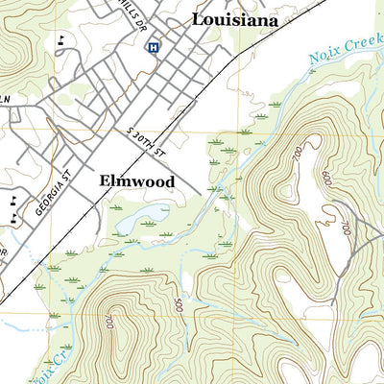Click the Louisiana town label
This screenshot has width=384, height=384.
coord(235,19)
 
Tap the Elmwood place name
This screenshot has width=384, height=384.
coord(135,180)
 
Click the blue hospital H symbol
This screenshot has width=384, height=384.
coord(152,45)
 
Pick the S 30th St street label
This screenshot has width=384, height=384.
coord(147,136)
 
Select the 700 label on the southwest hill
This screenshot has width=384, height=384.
coord(109,320)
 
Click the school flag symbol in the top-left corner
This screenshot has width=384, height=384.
coord(62,39)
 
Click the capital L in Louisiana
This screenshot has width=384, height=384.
coord(198,19)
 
